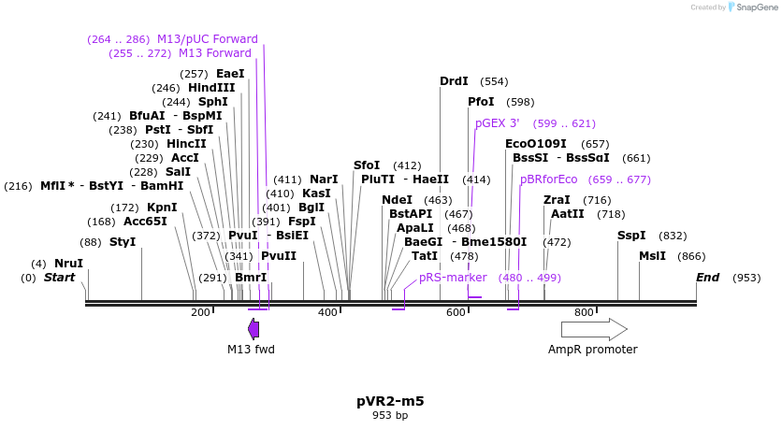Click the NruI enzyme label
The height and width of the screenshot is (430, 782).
(68, 264)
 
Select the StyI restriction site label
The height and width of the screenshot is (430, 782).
(123, 242)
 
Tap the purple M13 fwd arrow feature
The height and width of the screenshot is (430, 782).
(253, 328)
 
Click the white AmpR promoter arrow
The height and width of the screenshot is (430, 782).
(593, 328)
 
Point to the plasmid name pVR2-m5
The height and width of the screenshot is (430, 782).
(390, 401)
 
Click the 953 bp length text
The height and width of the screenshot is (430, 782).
(390, 415)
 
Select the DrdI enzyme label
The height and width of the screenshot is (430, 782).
(454, 81)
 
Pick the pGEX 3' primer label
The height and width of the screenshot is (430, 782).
(497, 123)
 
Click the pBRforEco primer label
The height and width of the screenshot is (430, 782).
(549, 179)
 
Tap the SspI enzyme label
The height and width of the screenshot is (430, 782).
(631, 236)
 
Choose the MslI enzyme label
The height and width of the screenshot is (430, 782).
(652, 256)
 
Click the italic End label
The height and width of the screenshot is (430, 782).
(708, 278)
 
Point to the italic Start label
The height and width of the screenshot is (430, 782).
(59, 278)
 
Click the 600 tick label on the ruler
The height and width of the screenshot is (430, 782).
(456, 312)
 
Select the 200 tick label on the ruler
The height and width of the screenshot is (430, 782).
(200, 312)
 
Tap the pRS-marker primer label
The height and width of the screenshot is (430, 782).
(453, 278)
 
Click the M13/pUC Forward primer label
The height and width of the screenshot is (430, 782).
(208, 39)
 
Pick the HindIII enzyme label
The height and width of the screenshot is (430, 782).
(211, 88)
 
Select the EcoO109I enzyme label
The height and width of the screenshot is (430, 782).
(536, 144)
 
